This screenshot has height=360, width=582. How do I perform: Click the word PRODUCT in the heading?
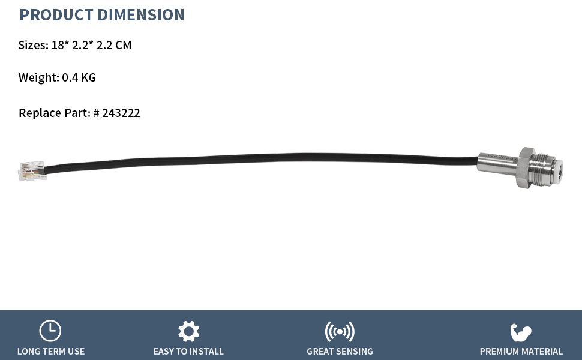(x=56, y=15)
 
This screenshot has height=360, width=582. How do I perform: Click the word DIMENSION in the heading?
(x=140, y=15)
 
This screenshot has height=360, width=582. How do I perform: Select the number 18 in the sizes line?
(x=58, y=45)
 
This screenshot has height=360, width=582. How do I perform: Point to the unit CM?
(x=123, y=45)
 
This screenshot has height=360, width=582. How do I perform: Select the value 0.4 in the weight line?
(x=70, y=77)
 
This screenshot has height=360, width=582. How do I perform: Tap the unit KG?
(x=88, y=77)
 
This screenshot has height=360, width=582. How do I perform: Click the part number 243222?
(x=121, y=113)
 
